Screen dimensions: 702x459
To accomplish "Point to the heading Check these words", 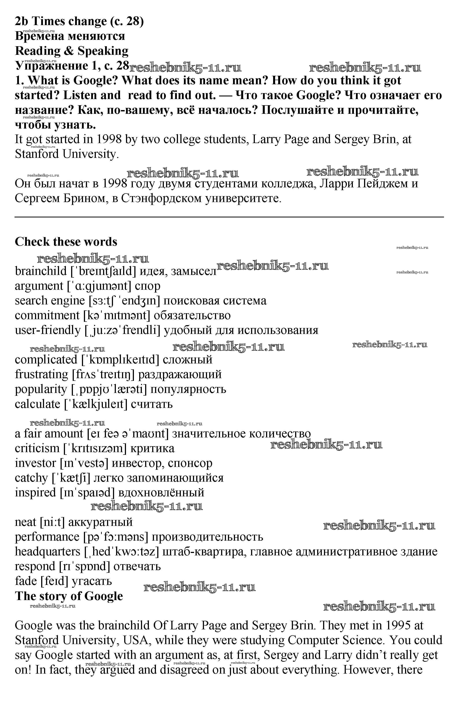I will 66,242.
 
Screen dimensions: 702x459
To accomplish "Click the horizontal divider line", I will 229,217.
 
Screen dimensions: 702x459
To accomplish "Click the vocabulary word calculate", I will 37,404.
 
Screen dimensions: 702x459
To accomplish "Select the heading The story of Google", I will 69,596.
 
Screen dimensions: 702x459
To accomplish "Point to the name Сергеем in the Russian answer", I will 37,198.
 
